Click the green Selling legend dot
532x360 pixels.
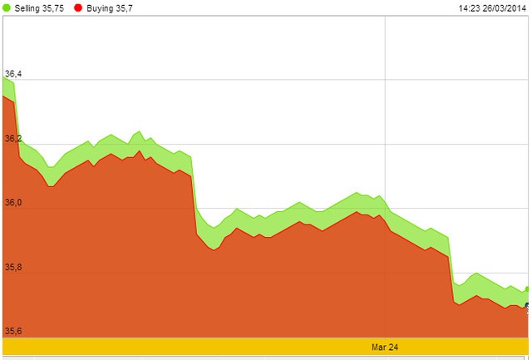point(7,7)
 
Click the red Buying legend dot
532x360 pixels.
point(78,7)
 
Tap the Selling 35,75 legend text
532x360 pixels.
point(39,8)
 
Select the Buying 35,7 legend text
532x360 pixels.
point(110,8)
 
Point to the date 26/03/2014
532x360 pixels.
point(505,8)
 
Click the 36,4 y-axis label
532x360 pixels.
point(13,74)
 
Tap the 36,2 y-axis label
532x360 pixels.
point(13,138)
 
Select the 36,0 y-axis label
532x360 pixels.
point(13,203)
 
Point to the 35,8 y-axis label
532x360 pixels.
point(13,267)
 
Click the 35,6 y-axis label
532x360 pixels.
point(13,331)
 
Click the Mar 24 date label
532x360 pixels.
point(385,347)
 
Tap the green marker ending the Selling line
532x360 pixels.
point(527,288)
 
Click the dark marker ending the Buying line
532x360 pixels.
point(527,306)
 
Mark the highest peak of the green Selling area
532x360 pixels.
point(3,77)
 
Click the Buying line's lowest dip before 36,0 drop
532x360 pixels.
point(51,186)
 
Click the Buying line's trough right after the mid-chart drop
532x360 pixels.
point(214,250)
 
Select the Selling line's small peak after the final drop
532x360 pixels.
point(476,273)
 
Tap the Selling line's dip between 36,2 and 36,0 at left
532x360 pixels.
point(51,167)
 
